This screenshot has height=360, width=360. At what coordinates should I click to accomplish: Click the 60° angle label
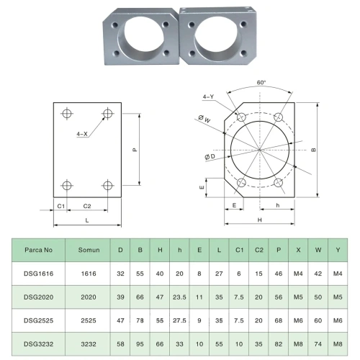click(x=261, y=83)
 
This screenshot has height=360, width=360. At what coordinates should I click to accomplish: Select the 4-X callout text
click(x=82, y=134)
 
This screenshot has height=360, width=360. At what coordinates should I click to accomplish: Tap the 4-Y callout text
click(x=208, y=96)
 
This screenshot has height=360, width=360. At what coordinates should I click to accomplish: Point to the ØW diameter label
click(x=204, y=118)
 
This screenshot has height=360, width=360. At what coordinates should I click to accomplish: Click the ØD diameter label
click(x=210, y=157)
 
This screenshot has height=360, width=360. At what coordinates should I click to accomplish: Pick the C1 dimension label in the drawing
click(x=61, y=206)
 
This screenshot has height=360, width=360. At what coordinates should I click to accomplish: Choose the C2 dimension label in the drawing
click(x=87, y=206)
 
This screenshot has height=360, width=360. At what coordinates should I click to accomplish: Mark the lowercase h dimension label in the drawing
click(x=278, y=205)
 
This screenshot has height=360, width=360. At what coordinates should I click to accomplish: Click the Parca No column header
click(x=38, y=250)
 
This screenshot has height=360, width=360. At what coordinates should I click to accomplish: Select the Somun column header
click(x=89, y=250)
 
